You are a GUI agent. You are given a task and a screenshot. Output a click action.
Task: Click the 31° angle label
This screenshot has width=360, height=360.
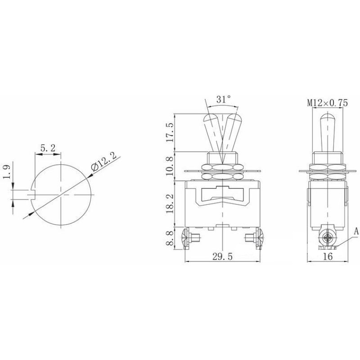coord(223,99)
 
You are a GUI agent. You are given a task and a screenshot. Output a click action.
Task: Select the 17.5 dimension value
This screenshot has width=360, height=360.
coord(171,132)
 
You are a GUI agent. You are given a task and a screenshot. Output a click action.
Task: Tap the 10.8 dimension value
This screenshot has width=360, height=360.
coord(171,166)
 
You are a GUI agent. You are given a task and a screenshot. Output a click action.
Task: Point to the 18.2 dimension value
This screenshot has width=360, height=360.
coord(171,204)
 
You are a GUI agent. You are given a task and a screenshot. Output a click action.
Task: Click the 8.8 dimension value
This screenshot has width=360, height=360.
coord(171,238)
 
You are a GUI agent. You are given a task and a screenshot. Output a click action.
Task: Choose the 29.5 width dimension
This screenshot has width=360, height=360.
coord(222,256)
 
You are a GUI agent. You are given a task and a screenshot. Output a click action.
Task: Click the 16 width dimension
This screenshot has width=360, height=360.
coord(328,256)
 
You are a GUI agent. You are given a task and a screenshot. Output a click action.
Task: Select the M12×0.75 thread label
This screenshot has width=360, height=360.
coord(328,103)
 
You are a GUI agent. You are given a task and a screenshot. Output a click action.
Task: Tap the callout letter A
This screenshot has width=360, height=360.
coord(356,231)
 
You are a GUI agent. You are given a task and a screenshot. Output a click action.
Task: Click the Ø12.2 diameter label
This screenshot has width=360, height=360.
coord(103,161)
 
